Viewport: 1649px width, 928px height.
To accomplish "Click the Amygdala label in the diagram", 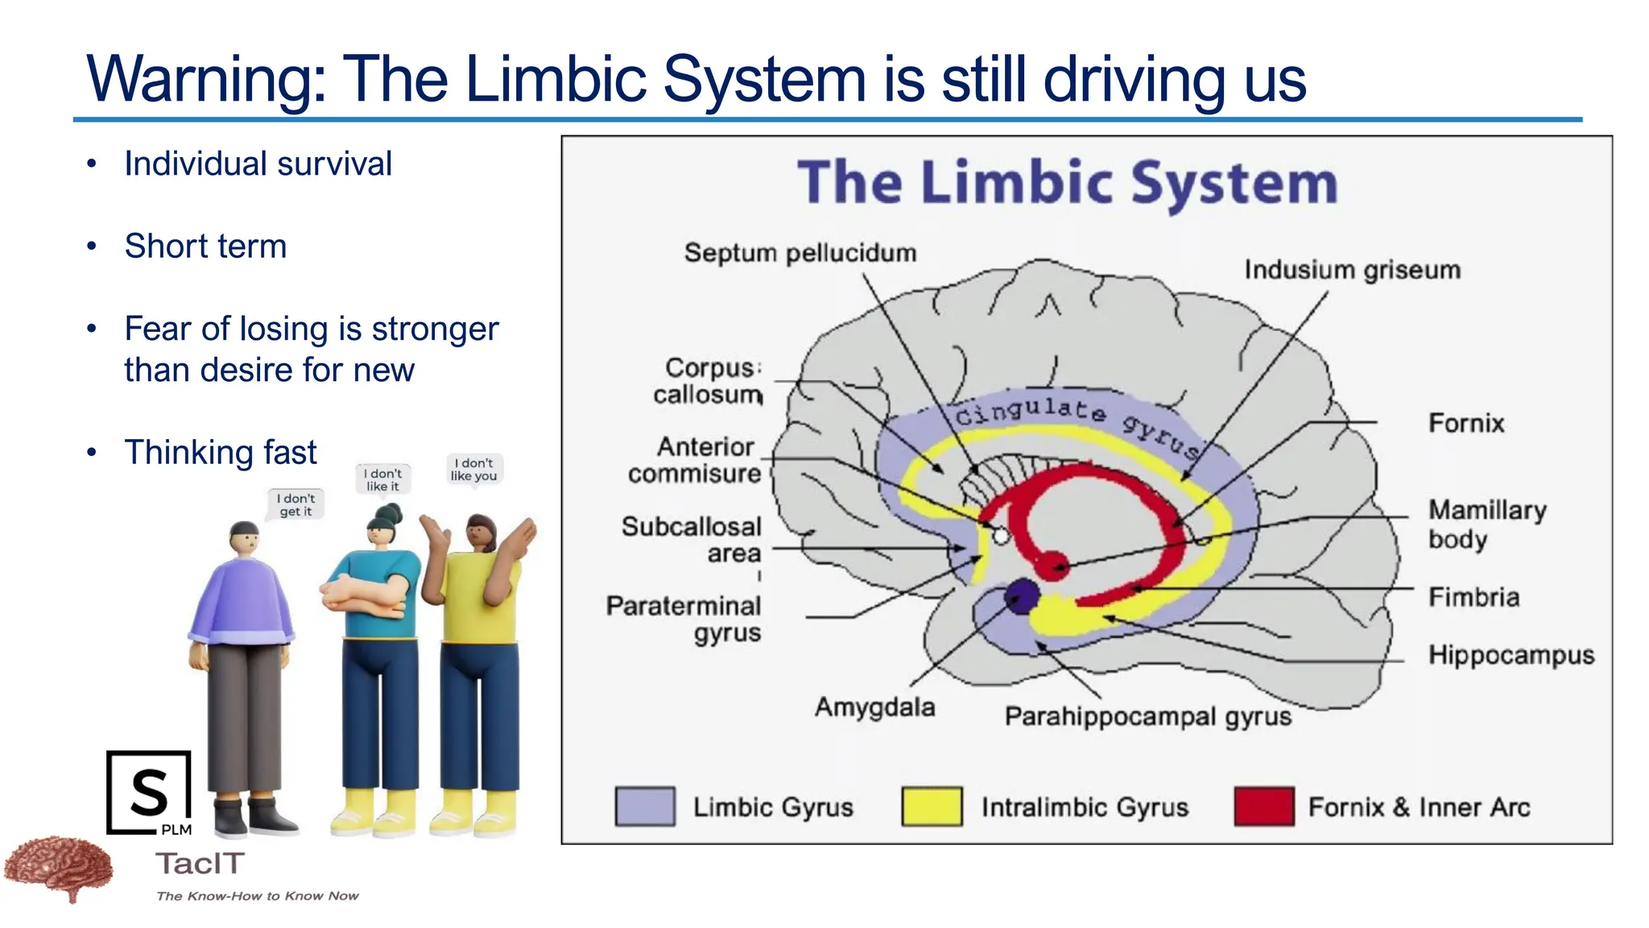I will [874, 707].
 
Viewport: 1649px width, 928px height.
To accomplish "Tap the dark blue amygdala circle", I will [1022, 596].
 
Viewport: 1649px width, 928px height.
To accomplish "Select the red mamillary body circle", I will [1052, 565].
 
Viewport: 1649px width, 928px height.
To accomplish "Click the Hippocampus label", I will [1511, 655].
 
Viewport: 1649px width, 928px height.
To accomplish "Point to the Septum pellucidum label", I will [800, 253].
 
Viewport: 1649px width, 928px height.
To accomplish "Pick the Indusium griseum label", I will [1352, 270].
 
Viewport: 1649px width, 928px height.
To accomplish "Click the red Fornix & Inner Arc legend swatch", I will [1263, 806].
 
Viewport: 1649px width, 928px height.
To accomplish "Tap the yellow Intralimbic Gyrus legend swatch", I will [932, 806].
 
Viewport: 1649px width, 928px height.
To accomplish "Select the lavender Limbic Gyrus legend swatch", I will [645, 806].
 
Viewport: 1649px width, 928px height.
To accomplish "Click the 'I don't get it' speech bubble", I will [295, 505].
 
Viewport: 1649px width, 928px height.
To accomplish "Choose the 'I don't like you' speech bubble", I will [474, 470].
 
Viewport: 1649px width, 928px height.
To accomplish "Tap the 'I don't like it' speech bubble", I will [382, 479].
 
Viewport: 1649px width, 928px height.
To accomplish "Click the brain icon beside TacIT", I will [58, 868].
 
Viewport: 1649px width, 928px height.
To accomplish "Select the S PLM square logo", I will [150, 793].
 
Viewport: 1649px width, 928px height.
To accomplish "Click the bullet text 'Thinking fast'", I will [220, 452].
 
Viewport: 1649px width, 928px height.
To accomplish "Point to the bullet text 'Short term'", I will [205, 246].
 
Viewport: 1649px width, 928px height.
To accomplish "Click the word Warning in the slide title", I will [205, 79].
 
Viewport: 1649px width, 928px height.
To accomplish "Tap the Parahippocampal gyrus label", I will [1147, 716].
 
